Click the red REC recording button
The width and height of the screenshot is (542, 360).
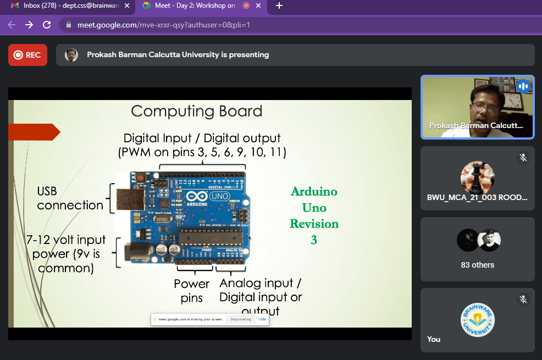pyautogui.click(x=27, y=55)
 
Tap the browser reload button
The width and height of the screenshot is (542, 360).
pyautogui.click(x=47, y=25)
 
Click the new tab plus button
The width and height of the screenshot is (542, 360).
pyautogui.click(x=279, y=6)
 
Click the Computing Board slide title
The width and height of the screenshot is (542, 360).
pyautogui.click(x=196, y=112)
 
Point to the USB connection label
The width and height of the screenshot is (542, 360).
pyautogui.click(x=70, y=198)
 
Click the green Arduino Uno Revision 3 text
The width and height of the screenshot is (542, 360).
pyautogui.click(x=314, y=215)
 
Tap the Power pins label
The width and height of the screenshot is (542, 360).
pyautogui.click(x=192, y=291)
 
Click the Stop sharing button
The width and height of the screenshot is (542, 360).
pyautogui.click(x=241, y=319)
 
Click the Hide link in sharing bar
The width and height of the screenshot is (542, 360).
pyautogui.click(x=262, y=319)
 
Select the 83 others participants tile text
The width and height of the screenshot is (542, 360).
pyautogui.click(x=477, y=265)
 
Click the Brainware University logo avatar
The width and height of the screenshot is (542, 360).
pyautogui.click(x=477, y=320)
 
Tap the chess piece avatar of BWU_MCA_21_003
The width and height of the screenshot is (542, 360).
pyautogui.click(x=477, y=178)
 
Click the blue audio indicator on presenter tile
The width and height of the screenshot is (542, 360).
pyautogui.click(x=523, y=86)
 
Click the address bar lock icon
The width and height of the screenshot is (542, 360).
pyautogui.click(x=69, y=25)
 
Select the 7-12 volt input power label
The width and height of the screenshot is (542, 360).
pyautogui.click(x=66, y=254)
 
